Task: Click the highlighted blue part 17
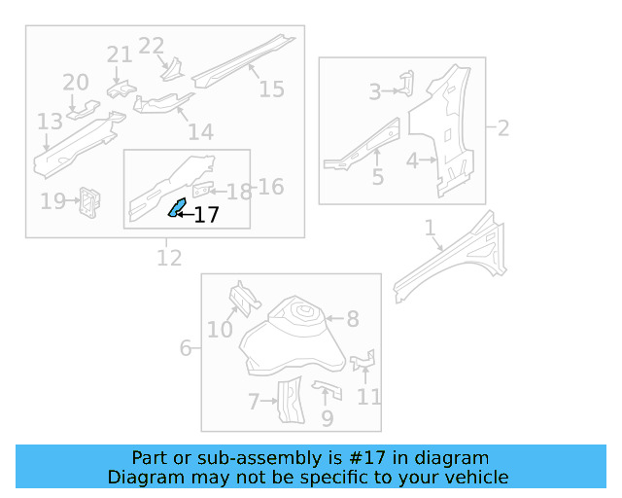(177, 207)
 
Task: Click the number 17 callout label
(207, 215)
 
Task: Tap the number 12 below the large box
(169, 258)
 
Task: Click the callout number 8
(353, 318)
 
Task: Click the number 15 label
(272, 89)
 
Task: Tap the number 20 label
(76, 83)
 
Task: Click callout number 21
(120, 54)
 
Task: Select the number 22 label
(152, 45)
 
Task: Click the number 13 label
(50, 122)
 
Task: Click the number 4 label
(412, 160)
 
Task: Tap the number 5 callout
(378, 178)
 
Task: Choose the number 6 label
(186, 347)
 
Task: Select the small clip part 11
(363, 362)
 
